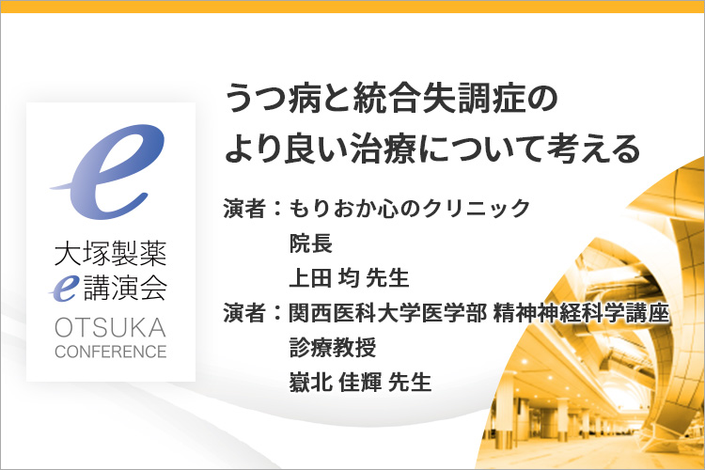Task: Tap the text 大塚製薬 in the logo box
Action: click(111, 254)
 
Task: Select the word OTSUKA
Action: click(111, 327)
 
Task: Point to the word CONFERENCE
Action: click(111, 352)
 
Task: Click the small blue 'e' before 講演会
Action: click(65, 287)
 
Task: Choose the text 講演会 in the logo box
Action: click(126, 287)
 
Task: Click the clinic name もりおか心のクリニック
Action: click(410, 209)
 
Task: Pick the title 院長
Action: click(311, 243)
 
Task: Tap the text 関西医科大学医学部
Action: click(387, 313)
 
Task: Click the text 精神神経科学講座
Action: click(581, 313)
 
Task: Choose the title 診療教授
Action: click(333, 348)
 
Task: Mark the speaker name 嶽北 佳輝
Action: click(336, 383)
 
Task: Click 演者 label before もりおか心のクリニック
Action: click(244, 209)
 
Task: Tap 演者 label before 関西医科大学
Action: click(244, 313)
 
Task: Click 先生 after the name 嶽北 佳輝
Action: click(410, 383)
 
